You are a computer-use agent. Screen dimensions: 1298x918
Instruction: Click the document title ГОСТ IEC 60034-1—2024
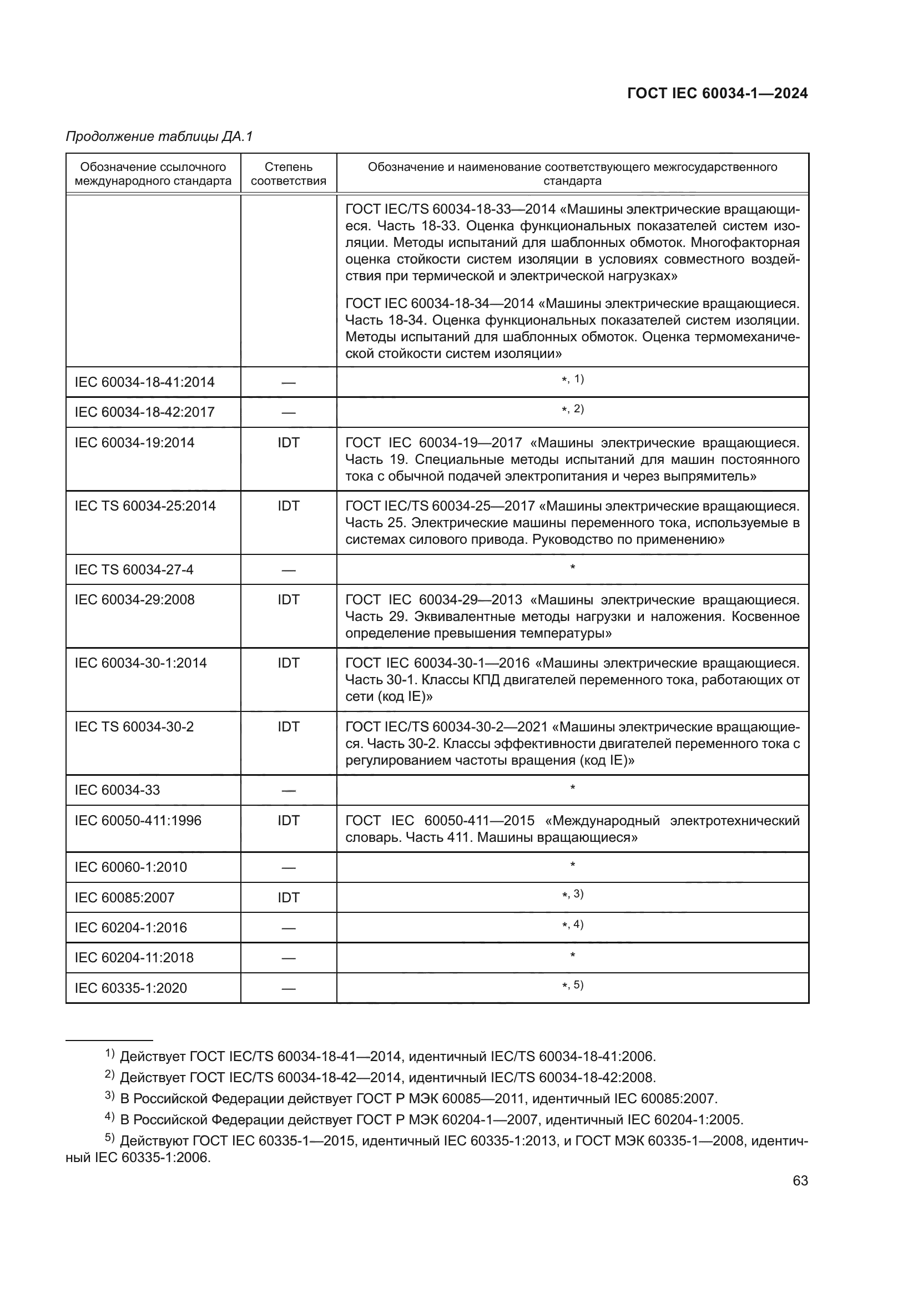pos(717,94)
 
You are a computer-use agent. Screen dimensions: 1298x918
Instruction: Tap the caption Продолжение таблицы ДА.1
pos(159,137)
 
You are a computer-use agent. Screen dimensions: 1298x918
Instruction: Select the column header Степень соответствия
pos(288,174)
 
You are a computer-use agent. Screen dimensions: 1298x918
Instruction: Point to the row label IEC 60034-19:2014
pos(134,443)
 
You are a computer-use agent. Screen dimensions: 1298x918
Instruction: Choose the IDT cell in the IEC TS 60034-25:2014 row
pos(288,506)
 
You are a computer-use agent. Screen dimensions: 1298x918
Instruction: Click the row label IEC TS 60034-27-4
pos(134,570)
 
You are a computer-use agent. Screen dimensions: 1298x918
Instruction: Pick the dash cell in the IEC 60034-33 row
pos(288,790)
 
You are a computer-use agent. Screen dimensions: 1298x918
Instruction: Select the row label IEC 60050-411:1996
pos(138,821)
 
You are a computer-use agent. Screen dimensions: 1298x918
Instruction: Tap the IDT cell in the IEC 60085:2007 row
pos(288,898)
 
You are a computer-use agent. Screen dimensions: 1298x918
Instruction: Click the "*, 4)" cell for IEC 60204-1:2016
pos(572,926)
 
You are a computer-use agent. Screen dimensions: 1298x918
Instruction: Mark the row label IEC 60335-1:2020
pos(130,988)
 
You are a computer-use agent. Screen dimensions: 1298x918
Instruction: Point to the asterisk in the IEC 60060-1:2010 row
pos(573,866)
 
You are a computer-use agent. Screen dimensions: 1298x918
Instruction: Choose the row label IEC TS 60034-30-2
pos(134,727)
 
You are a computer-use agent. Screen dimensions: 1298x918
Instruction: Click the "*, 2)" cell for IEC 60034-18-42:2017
pos(572,410)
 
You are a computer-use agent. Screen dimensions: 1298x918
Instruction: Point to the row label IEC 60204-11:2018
pos(134,958)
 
